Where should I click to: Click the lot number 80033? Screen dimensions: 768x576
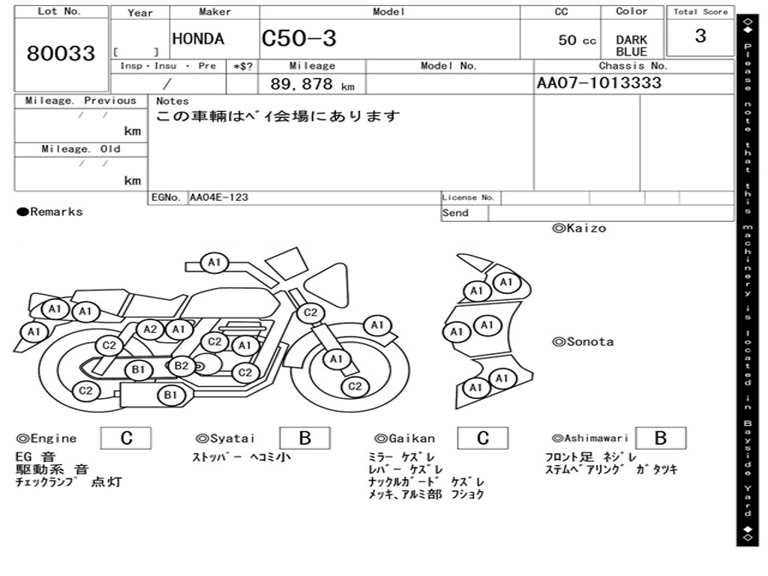click(x=61, y=54)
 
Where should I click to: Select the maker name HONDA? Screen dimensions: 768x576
click(x=198, y=40)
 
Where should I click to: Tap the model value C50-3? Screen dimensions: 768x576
click(x=299, y=39)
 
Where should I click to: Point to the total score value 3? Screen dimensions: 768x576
click(x=700, y=36)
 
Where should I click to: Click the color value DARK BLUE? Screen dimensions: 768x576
click(x=631, y=46)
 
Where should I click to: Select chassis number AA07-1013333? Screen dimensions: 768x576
click(x=599, y=82)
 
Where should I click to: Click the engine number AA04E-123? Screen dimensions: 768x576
click(x=219, y=198)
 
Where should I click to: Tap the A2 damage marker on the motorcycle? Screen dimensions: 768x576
click(x=151, y=328)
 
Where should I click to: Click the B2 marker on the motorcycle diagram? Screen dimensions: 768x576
click(x=181, y=366)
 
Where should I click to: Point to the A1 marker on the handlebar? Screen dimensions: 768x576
click(x=214, y=262)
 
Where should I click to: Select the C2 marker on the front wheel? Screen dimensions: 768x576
click(x=355, y=386)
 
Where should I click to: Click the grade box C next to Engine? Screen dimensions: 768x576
click(x=126, y=438)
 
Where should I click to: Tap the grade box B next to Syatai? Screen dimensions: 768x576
click(x=305, y=438)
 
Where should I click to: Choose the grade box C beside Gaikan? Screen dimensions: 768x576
click(x=483, y=438)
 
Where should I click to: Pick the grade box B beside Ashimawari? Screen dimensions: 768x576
click(x=660, y=438)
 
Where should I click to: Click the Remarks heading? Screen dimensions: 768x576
click(x=50, y=212)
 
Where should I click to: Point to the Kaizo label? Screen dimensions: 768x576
click(x=578, y=228)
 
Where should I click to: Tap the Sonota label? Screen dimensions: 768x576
click(x=583, y=342)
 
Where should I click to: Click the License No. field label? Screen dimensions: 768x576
click(x=469, y=198)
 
